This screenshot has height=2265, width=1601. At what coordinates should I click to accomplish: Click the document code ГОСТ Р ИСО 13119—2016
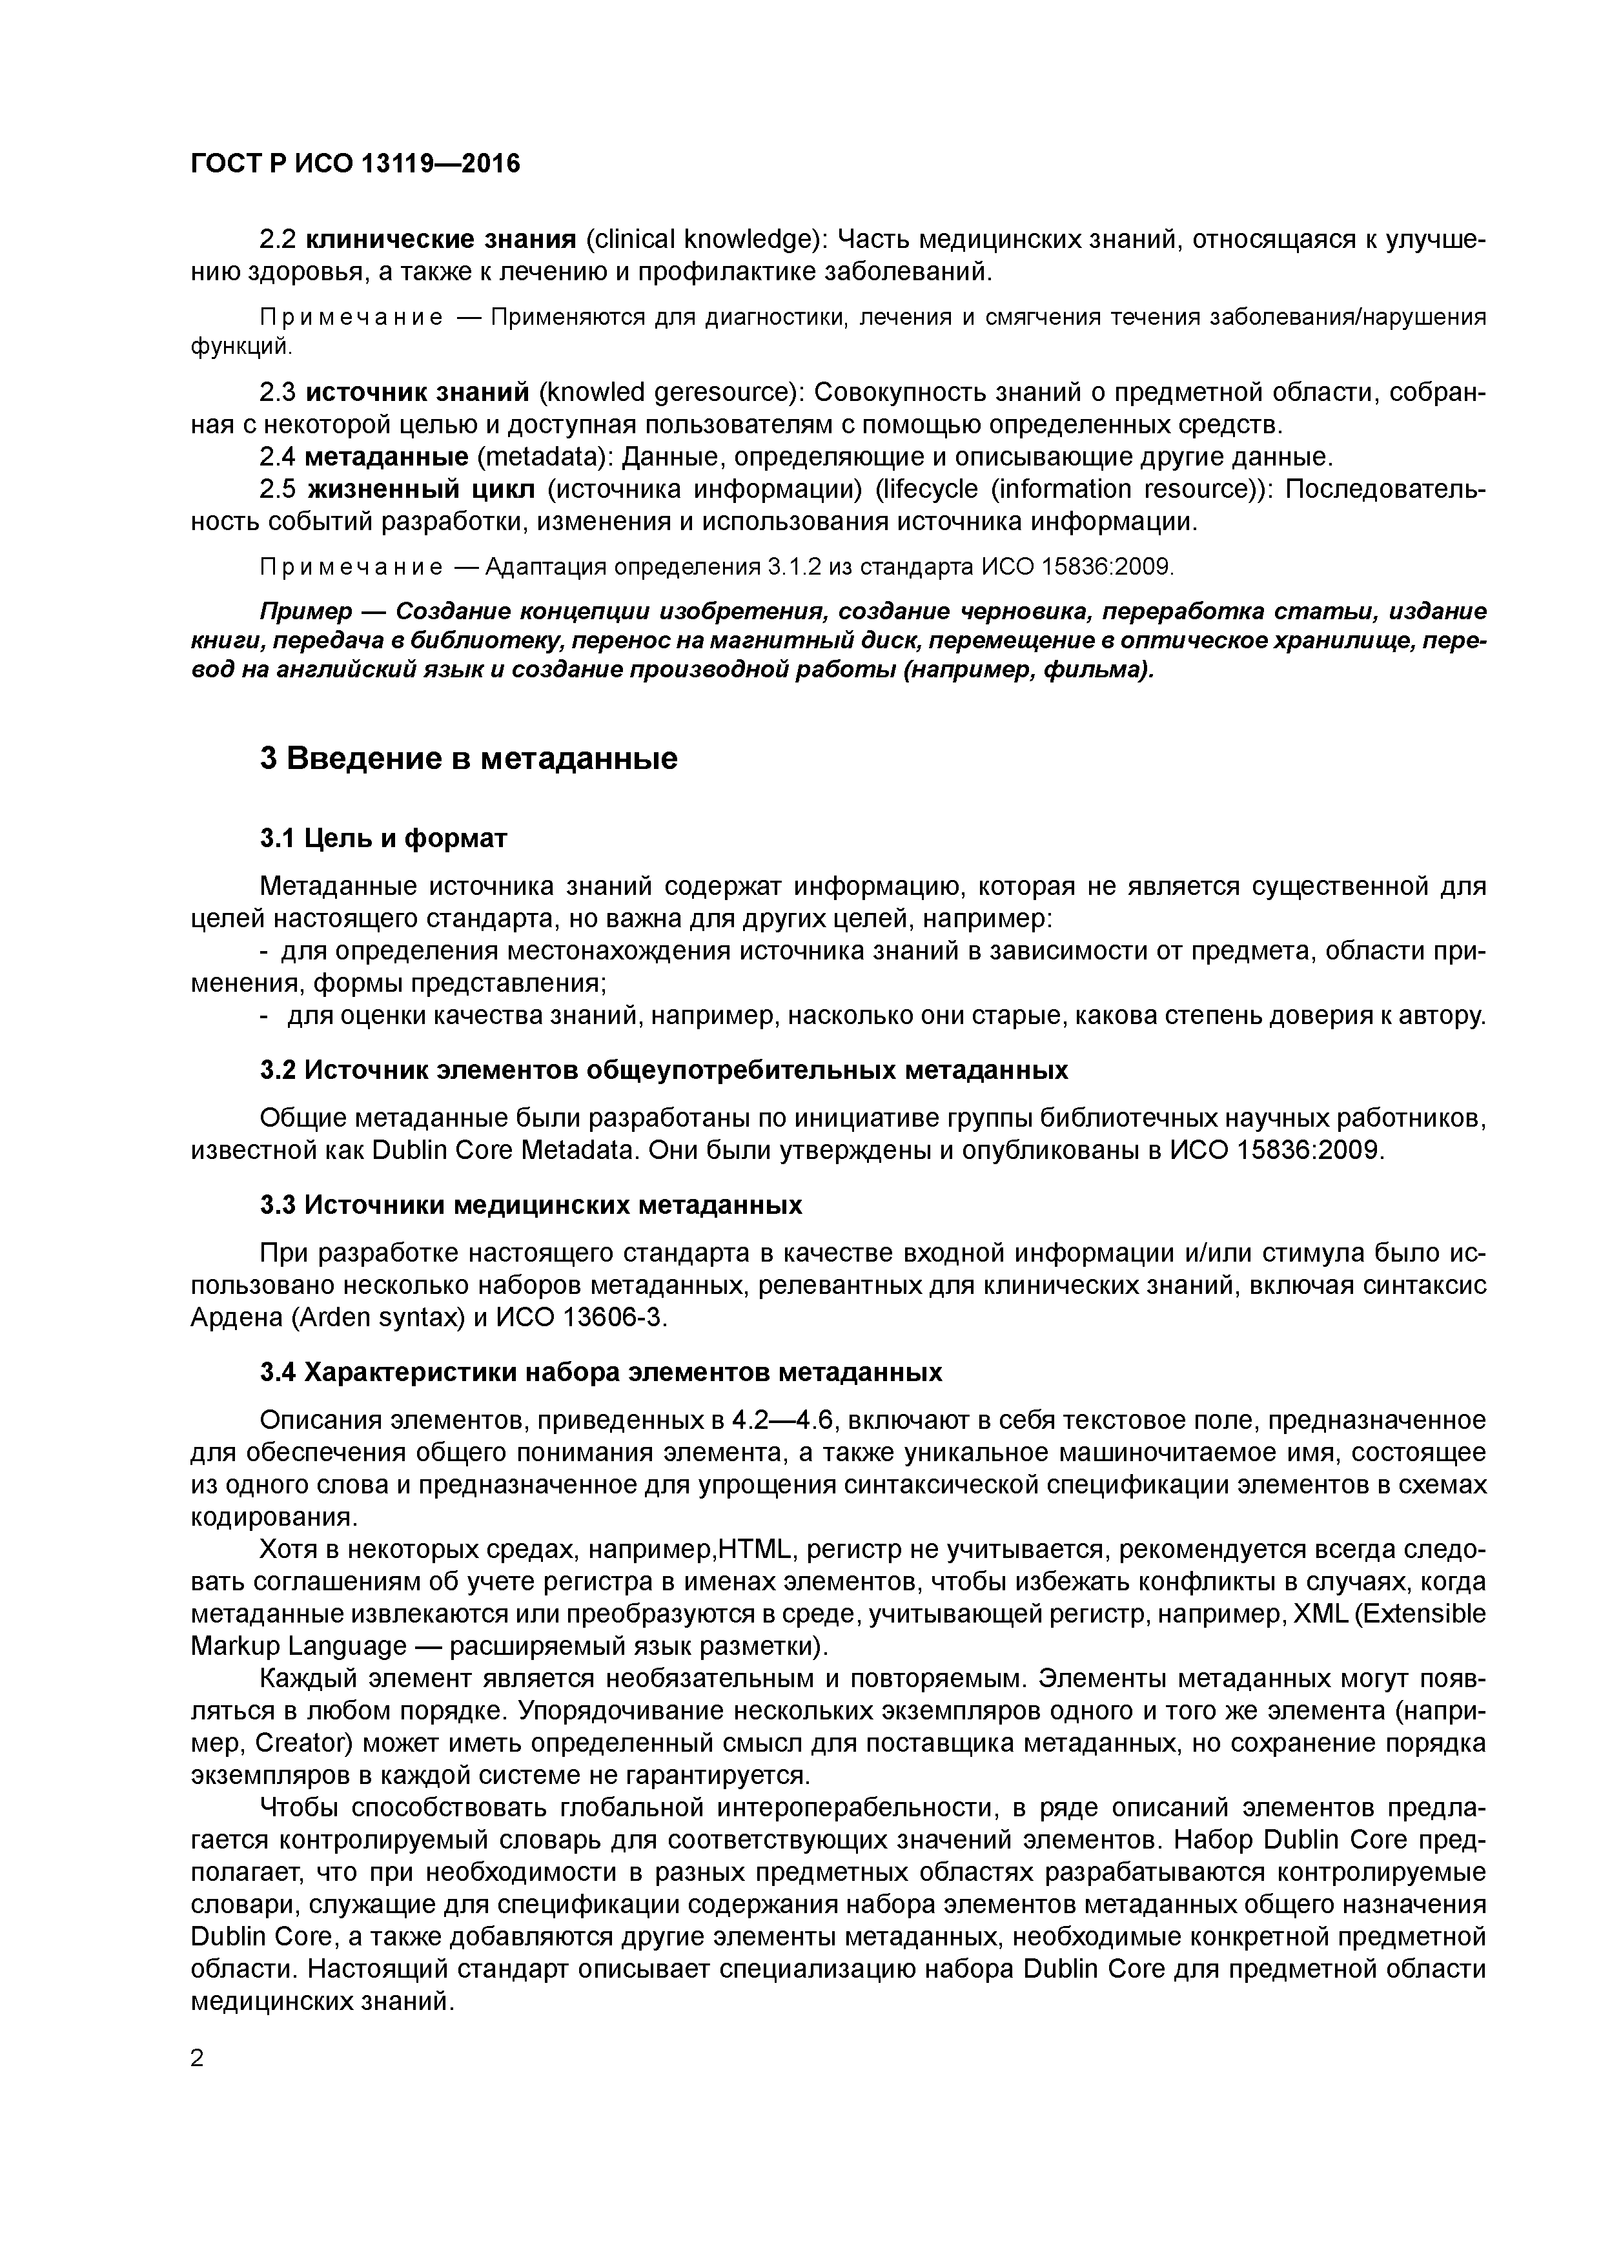354,164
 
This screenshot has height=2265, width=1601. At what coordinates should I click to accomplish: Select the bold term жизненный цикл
421,490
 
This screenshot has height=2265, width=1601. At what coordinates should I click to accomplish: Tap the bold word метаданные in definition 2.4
387,458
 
